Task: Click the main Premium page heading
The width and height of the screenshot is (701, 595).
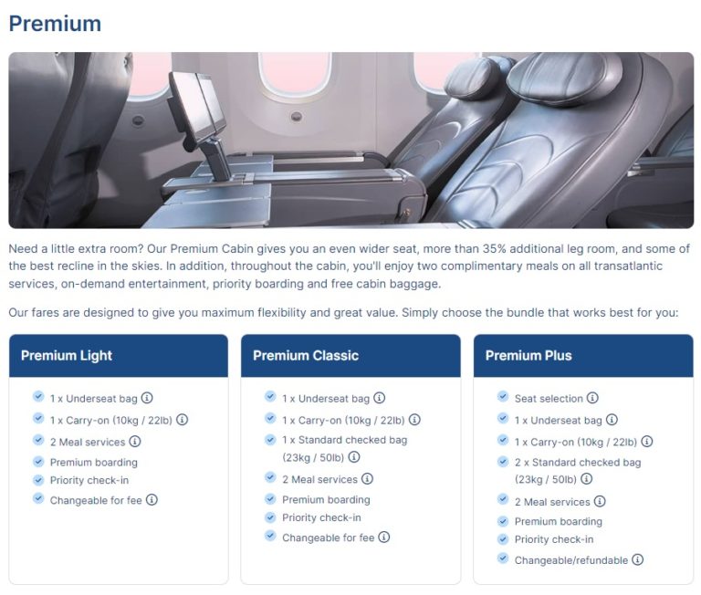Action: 55,24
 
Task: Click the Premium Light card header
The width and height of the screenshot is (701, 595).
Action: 119,355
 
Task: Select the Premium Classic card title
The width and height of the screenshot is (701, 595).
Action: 306,355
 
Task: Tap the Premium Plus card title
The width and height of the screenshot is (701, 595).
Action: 528,355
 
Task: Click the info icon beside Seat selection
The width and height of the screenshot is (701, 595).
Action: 592,397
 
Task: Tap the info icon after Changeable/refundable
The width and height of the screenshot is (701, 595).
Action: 637,559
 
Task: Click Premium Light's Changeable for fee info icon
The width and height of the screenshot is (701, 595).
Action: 152,499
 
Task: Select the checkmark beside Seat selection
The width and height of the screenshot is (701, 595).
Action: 503,397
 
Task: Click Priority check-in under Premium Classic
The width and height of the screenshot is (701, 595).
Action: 321,517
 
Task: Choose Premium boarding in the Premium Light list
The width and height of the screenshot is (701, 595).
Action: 94,463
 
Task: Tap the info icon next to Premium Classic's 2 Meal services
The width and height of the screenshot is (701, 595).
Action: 367,479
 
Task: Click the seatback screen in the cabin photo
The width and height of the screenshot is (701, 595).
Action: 197,108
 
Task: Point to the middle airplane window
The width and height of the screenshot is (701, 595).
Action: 295,75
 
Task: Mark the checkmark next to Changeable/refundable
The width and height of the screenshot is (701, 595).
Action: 503,558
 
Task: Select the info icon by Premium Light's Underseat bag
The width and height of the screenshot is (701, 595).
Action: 147,397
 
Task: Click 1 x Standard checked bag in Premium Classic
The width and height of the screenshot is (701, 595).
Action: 345,448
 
